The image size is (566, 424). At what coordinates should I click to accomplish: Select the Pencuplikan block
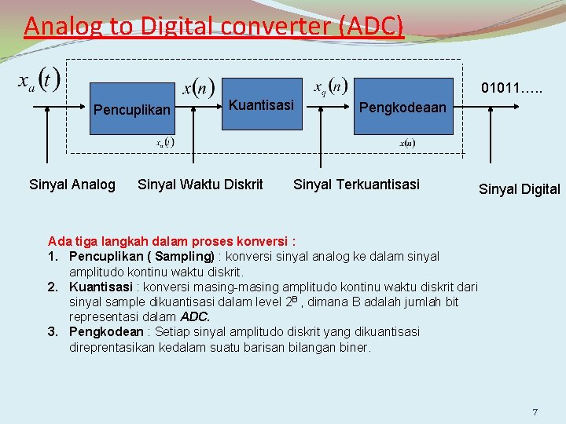pos(131,110)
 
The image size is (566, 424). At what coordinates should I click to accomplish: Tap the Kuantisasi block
pos(261,105)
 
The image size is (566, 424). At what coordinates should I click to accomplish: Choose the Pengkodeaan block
pos(402,107)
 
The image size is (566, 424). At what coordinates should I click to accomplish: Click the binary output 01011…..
pos(512,87)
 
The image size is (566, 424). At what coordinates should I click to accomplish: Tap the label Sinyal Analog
pos(72,185)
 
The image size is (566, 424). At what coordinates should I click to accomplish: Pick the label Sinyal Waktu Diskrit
pos(200,185)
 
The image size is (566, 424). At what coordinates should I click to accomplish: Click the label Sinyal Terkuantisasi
pos(356,185)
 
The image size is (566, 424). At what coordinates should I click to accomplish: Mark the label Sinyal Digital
pos(520,189)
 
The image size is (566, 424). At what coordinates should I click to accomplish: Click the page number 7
pos(535,412)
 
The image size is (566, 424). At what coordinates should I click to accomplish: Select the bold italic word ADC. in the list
pos(195,317)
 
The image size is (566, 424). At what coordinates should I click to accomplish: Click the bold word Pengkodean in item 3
pos(106,332)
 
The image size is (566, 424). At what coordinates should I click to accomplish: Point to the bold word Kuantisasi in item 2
pos(101,287)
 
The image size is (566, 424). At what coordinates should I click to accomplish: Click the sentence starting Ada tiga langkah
pos(171,241)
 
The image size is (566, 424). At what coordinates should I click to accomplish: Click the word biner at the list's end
pos(353,347)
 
